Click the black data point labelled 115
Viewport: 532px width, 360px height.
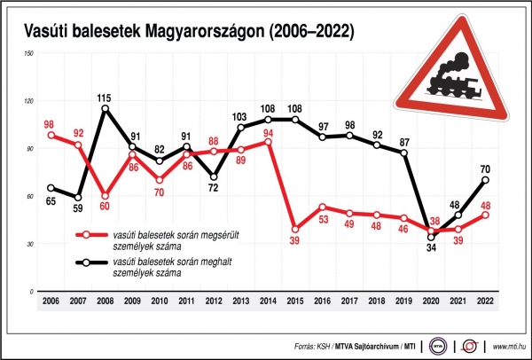[106, 109]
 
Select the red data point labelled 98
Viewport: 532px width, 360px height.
[51, 136]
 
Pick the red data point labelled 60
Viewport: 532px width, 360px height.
[106, 196]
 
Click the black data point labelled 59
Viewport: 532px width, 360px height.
[78, 198]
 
